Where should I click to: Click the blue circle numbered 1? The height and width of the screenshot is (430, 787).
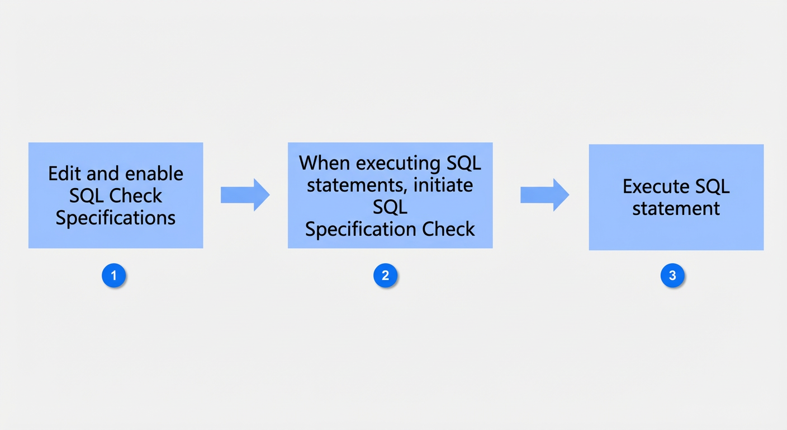pyautogui.click(x=114, y=275)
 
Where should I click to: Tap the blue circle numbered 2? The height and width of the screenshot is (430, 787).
pyautogui.click(x=386, y=275)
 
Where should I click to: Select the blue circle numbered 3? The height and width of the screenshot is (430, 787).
pyautogui.click(x=672, y=275)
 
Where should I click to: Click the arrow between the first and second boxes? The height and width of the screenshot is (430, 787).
pyautogui.click(x=245, y=195)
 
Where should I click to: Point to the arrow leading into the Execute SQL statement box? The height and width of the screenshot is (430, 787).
pyautogui.click(x=545, y=195)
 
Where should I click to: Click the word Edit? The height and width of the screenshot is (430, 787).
pyautogui.click(x=65, y=174)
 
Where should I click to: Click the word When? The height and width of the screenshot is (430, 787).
pyautogui.click(x=325, y=163)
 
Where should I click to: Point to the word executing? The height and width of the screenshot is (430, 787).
pyautogui.click(x=398, y=163)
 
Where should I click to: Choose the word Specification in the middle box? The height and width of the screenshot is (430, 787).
pyautogui.click(x=360, y=230)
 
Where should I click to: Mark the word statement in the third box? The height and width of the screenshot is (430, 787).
pyautogui.click(x=676, y=209)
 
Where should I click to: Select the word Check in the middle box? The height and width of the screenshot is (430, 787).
pyautogui.click(x=448, y=229)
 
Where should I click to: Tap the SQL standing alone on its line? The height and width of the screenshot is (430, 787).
pyautogui.click(x=390, y=207)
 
